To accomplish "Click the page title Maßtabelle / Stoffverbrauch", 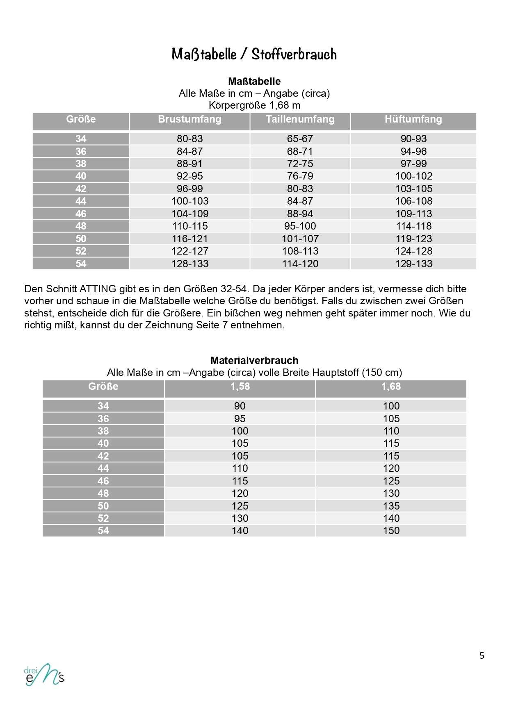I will click(x=254, y=54).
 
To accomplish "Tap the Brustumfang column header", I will click(x=189, y=119).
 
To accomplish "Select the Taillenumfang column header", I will click(x=300, y=119).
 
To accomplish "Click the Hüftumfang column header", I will click(x=413, y=119).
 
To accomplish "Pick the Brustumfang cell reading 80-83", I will click(x=189, y=139).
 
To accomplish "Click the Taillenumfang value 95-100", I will click(x=300, y=226).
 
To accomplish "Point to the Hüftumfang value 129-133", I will click(x=413, y=264).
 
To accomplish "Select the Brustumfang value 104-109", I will click(x=189, y=214).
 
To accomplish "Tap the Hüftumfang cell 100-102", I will click(x=413, y=176).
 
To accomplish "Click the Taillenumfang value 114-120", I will click(x=300, y=264).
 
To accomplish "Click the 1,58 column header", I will click(x=240, y=387).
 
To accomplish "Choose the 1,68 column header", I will click(x=391, y=387).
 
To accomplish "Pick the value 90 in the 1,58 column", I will click(x=240, y=406).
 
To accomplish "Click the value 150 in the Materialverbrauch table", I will click(x=391, y=531).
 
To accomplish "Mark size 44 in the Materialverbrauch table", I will click(x=103, y=469).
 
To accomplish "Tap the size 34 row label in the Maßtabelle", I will click(x=81, y=139).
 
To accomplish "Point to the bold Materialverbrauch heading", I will click(x=254, y=361).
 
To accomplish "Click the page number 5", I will click(x=482, y=656).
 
